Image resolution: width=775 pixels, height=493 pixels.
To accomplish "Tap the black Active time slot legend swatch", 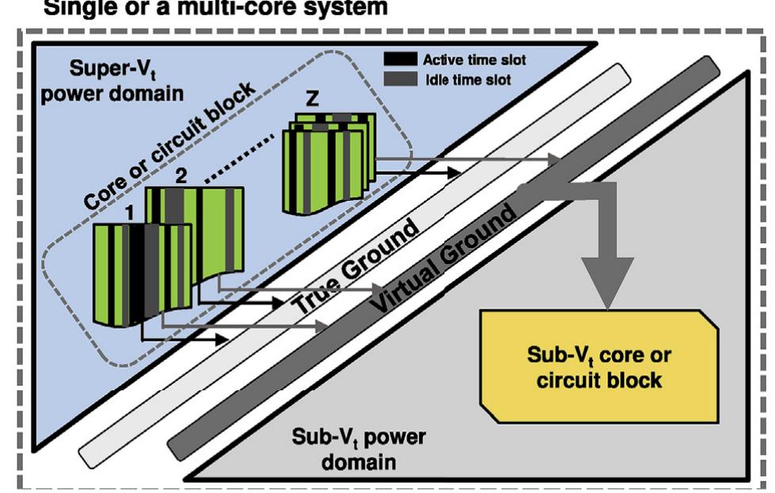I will (403, 59).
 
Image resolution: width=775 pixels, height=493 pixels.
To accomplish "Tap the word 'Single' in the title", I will (70, 9).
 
